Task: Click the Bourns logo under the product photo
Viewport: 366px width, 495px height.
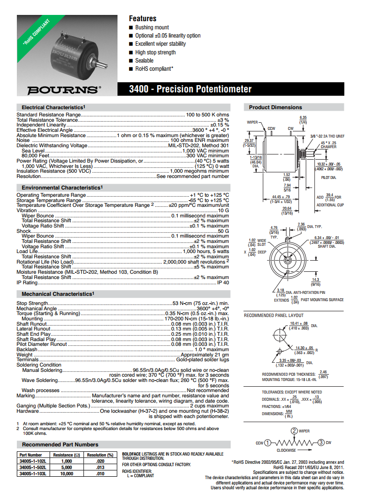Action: coord(64,89)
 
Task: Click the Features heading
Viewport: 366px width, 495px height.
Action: coord(143,18)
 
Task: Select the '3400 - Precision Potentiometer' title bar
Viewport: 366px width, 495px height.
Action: coord(190,89)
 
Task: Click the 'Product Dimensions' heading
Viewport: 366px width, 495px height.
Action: coord(275,107)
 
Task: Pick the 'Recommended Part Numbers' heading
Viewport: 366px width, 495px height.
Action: coord(60,444)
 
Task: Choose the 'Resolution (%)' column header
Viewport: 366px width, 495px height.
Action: coord(100,455)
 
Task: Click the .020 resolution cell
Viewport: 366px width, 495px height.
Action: coord(100,461)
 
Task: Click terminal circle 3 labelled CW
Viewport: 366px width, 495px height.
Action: coord(321,443)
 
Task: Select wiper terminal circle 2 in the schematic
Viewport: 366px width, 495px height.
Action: coord(295,431)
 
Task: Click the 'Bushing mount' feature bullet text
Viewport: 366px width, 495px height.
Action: coord(152,27)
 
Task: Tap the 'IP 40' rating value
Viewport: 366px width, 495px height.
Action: coord(223,283)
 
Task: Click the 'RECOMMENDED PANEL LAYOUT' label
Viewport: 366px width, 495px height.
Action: coord(274,316)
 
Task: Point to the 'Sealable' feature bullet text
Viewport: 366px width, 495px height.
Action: coord(144,61)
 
